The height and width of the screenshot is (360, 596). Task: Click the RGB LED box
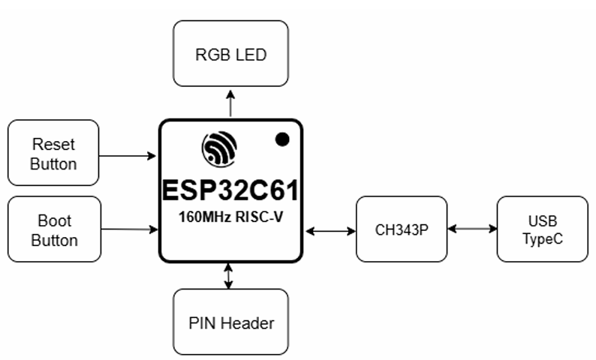tap(230, 53)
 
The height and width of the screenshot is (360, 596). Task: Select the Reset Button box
tap(53, 153)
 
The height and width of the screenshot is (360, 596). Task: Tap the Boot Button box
tap(53, 229)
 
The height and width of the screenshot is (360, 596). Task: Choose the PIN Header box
tap(230, 322)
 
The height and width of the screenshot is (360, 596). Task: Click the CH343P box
tap(401, 229)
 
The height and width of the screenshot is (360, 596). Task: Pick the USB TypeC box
tap(542, 229)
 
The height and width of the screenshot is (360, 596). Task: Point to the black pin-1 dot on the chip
tap(283, 139)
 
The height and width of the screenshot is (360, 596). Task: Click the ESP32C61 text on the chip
tap(230, 190)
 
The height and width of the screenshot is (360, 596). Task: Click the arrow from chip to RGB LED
tap(230, 103)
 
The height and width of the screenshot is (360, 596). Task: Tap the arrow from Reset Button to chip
tap(128, 156)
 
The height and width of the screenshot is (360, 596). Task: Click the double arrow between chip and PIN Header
tap(229, 276)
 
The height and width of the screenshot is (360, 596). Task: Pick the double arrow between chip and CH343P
tap(330, 230)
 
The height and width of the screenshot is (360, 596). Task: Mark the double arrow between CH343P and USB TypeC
tap(471, 228)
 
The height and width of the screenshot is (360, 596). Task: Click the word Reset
tap(53, 143)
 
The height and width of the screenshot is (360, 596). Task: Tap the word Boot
tap(54, 221)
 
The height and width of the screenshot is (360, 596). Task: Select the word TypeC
tap(542, 239)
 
